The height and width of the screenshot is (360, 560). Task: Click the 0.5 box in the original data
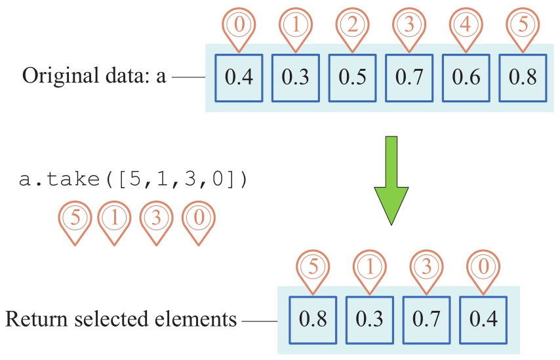click(352, 77)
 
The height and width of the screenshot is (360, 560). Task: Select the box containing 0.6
click(465, 77)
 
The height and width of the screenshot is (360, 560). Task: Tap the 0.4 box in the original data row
click(239, 77)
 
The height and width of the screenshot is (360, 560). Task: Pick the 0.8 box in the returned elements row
click(313, 319)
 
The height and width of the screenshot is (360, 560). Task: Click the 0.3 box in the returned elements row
click(370, 319)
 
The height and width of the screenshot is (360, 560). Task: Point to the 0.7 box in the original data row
click(409, 77)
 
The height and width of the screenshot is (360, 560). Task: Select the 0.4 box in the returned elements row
click(483, 319)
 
